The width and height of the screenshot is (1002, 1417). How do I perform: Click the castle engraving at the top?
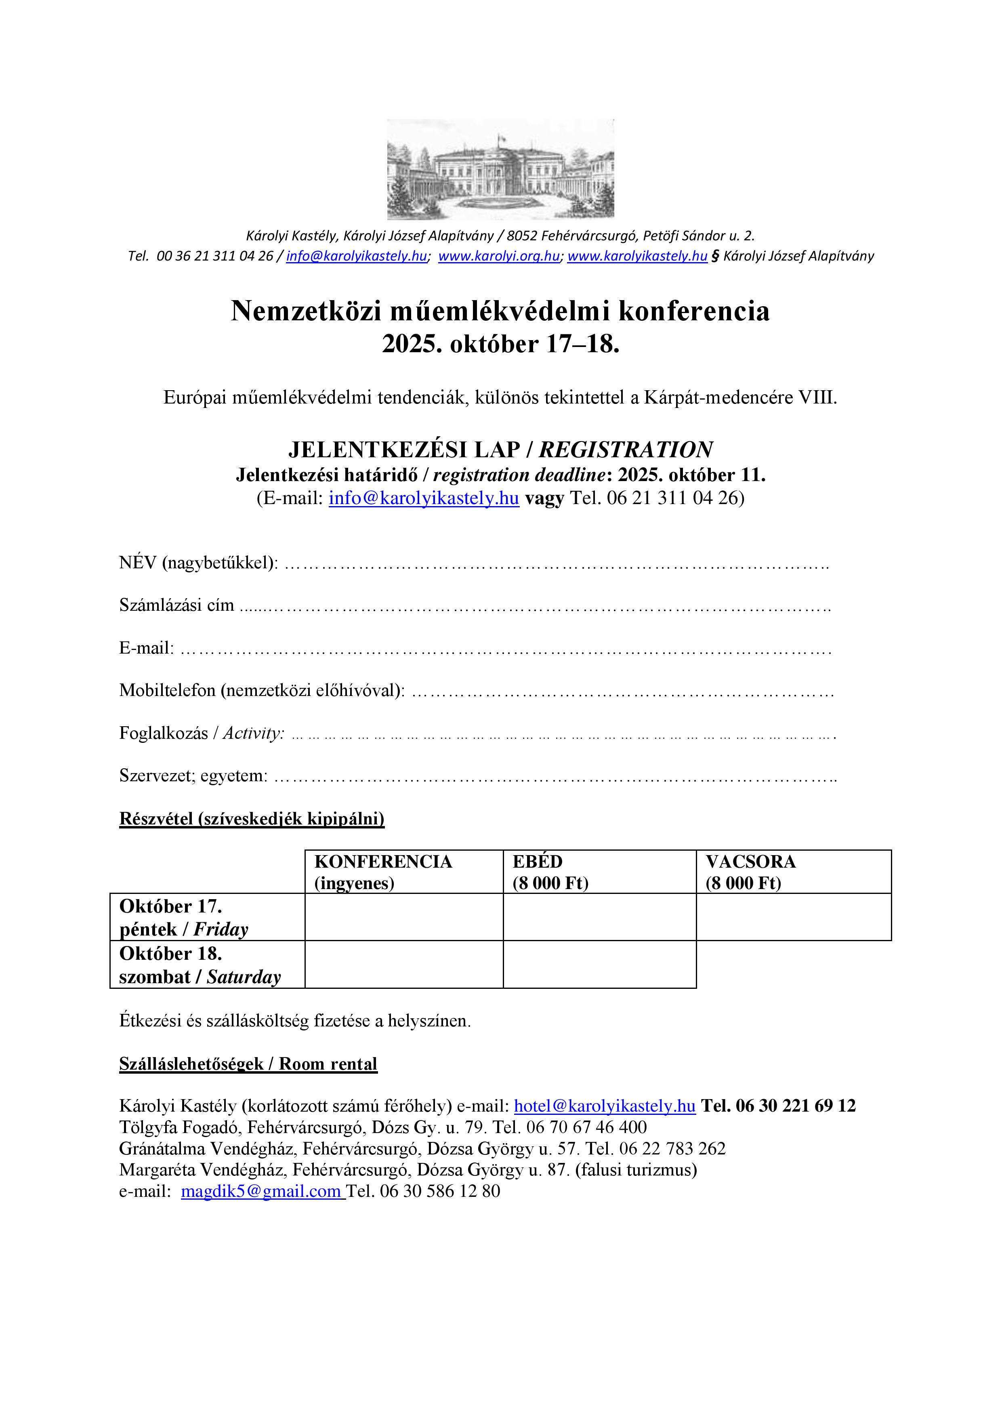click(x=500, y=169)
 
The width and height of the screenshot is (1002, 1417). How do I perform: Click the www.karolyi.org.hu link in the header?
click(x=498, y=256)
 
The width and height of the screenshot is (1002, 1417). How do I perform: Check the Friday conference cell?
click(x=404, y=917)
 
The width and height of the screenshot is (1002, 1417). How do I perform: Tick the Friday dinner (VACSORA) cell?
click(x=794, y=917)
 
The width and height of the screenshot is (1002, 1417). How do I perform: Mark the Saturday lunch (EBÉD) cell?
click(x=600, y=965)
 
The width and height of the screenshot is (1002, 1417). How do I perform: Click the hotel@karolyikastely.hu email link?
click(x=605, y=1106)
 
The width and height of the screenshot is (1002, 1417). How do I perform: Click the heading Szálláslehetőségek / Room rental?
click(x=248, y=1064)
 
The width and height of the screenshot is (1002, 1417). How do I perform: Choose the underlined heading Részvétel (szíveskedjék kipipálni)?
click(x=252, y=818)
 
